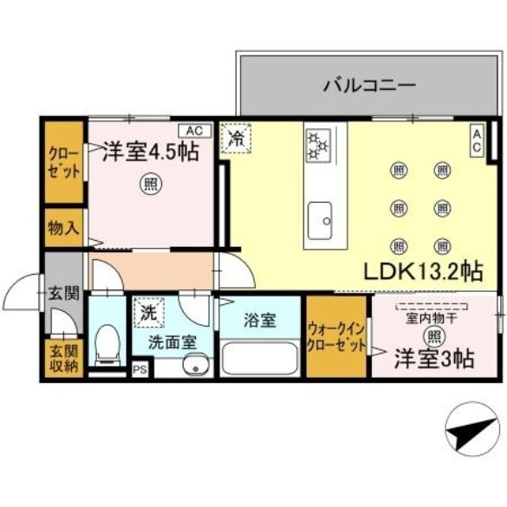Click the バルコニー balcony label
[x=369, y=85]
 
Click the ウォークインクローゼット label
[x=337, y=336]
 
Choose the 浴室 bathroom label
[x=259, y=320]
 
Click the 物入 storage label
[x=63, y=229]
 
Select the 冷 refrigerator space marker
[x=235, y=137]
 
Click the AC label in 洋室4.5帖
[x=195, y=130]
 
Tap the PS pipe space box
[x=140, y=370]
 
